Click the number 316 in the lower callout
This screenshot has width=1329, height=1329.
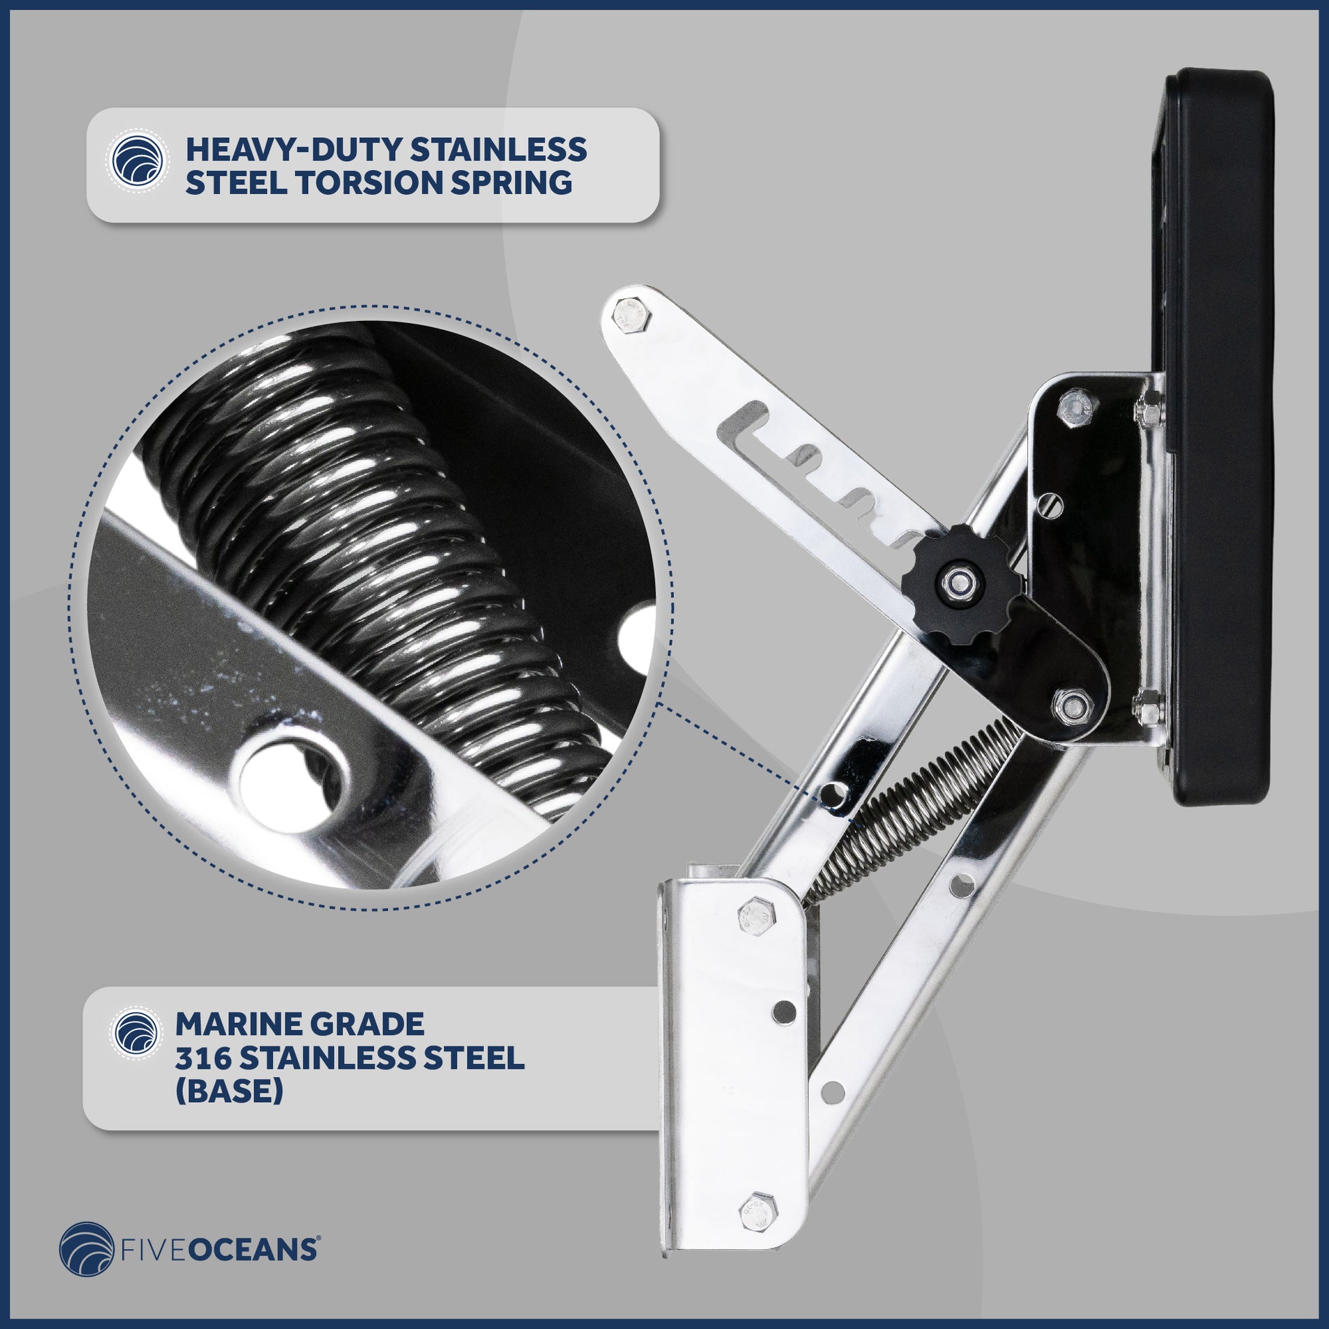[203, 1058]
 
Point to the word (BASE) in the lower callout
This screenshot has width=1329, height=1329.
[229, 1091]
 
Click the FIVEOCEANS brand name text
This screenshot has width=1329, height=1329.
[219, 1249]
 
